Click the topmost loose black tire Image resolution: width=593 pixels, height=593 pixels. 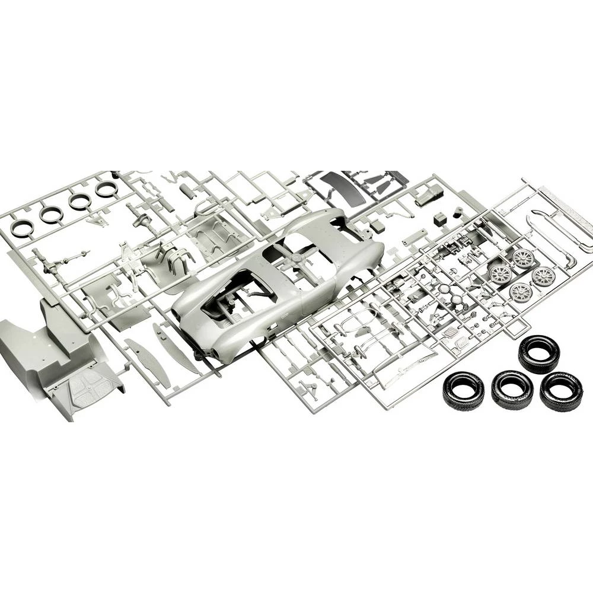point(538,354)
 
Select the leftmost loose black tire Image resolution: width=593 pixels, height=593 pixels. point(463,390)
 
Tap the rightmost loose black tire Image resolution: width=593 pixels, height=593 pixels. point(560,391)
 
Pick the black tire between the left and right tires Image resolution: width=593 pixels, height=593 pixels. point(512,389)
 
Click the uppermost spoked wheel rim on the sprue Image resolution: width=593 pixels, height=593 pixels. point(522,258)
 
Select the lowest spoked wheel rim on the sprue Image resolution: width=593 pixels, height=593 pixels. point(520,291)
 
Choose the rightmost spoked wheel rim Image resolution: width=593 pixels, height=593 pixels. point(543,276)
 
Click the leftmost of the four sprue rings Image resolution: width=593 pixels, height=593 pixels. point(23,227)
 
